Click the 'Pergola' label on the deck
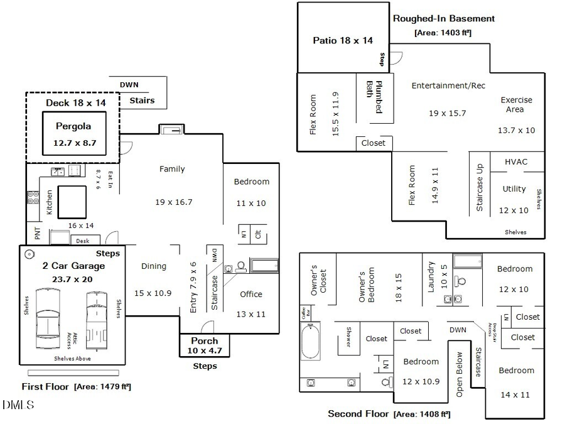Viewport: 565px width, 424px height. pos(73,126)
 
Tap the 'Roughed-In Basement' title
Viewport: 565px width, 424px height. pos(444,19)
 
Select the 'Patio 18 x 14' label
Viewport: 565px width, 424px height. pos(343,40)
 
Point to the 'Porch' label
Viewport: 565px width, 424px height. pos(205,341)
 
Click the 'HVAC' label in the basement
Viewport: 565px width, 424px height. pos(516,161)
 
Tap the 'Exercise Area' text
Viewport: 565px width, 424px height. pos(516,104)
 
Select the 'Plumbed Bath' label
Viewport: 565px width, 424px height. pos(375,96)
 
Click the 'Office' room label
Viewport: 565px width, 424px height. pos(251,294)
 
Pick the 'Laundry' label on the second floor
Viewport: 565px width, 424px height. pos(431,277)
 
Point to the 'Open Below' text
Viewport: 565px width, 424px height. pos(460,374)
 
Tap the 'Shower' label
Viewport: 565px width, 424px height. pos(347,335)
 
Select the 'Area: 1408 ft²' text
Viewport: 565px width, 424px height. pos(422,414)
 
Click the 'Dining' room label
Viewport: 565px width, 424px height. pos(153,266)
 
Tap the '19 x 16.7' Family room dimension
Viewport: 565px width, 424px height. pos(173,202)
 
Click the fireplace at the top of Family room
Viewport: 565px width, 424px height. pos(171,129)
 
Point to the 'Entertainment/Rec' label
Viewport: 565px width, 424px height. pos(448,85)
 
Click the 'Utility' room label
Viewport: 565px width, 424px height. pos(514,189)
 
